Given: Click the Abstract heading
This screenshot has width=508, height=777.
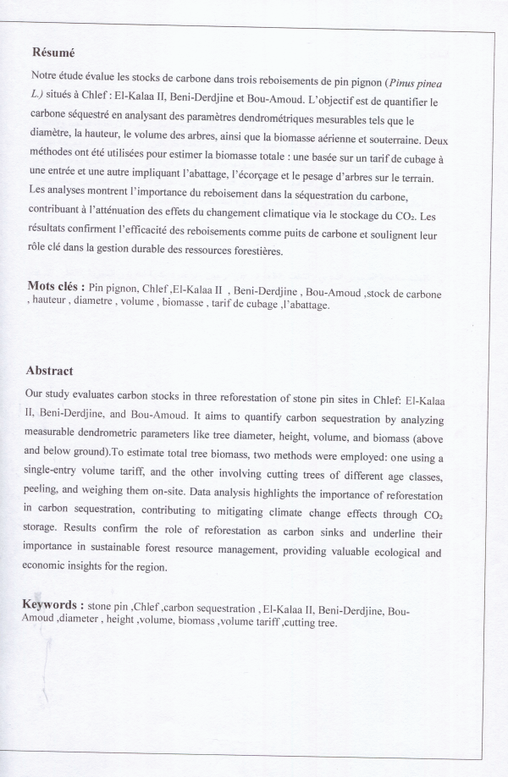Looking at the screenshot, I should (x=49, y=371).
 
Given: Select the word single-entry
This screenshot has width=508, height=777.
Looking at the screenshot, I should (x=58, y=477).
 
